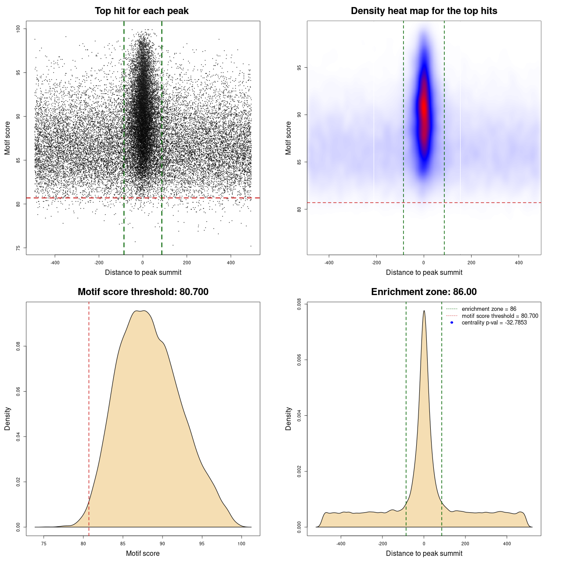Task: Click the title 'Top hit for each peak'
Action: click(x=141, y=11)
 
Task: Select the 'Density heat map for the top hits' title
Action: click(x=424, y=11)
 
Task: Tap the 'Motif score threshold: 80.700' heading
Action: click(x=143, y=292)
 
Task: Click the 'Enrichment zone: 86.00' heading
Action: click(x=424, y=292)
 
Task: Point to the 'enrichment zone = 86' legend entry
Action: click(x=489, y=309)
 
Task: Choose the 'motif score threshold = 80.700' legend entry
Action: click(x=500, y=316)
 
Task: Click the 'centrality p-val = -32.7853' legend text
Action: click(x=494, y=323)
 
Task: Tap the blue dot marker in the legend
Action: click(x=452, y=323)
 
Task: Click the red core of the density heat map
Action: click(x=424, y=108)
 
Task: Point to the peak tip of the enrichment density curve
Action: click(x=424, y=311)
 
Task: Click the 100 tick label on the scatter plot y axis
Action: click(x=18, y=29)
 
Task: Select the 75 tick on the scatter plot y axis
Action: click(x=18, y=248)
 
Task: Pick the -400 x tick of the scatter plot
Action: click(x=55, y=263)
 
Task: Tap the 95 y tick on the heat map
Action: click(x=299, y=68)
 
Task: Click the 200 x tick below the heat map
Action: click(x=471, y=263)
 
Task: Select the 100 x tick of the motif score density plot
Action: click(x=241, y=544)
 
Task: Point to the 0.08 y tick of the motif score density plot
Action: click(x=18, y=346)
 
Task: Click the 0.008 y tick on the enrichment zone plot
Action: click(x=299, y=304)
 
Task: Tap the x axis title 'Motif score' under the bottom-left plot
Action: click(x=143, y=553)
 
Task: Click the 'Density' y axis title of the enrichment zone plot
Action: click(x=288, y=418)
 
